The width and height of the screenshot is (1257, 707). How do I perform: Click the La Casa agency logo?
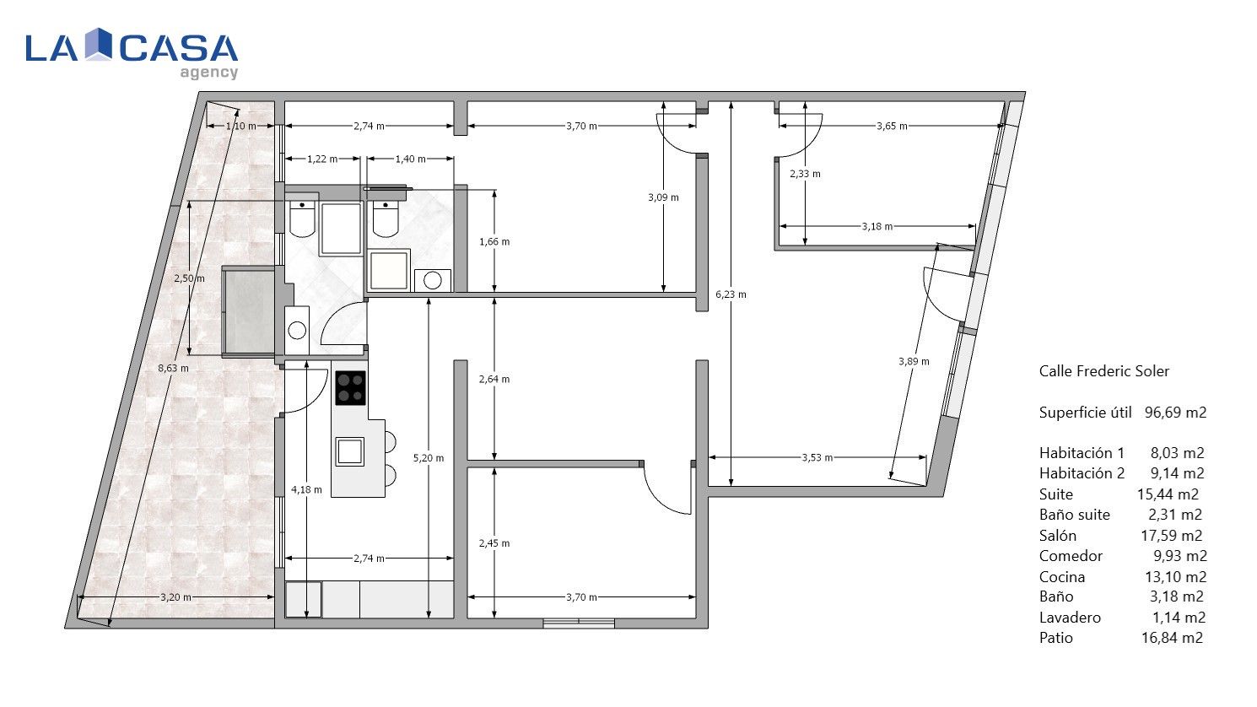coord(132,53)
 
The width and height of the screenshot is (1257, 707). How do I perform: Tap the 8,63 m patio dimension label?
coord(174,369)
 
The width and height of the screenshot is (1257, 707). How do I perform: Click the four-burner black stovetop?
coord(351,388)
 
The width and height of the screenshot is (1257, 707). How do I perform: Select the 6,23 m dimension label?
coord(731,294)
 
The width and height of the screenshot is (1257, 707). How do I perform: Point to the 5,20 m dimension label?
coord(429,458)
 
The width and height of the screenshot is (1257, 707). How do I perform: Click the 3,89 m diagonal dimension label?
coord(914,362)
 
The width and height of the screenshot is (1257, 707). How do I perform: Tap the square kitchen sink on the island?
coord(349,451)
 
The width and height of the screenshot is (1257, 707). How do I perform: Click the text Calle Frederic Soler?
coord(1103,371)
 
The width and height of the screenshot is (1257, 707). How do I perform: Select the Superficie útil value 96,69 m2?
coord(1176,413)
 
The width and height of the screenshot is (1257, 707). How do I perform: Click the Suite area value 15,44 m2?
coord(1168,494)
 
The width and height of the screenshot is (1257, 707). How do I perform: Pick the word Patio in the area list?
coord(1055,638)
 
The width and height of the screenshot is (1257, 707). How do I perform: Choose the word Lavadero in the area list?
coord(1070,618)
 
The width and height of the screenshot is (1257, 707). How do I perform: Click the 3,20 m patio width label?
coord(175,597)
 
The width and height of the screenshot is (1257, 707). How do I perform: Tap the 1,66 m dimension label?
coord(494,242)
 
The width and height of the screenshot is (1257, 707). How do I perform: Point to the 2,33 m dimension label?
coord(805,174)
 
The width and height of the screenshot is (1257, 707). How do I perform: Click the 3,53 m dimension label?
coord(817,458)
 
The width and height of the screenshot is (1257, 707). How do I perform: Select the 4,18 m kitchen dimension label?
coord(306,490)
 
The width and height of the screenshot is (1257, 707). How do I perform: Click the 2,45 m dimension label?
coord(494,543)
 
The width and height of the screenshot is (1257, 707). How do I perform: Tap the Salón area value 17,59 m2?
coord(1172,536)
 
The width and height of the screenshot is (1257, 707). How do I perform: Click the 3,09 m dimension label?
coord(663,197)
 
